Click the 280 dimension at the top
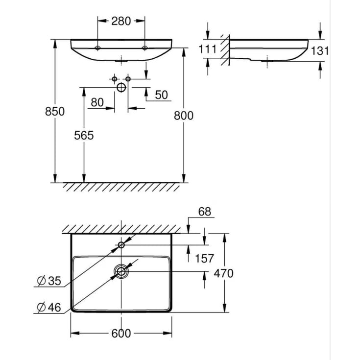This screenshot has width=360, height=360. click(x=121, y=21)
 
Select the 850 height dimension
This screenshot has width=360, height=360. click(x=55, y=112)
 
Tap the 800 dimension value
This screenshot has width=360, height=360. click(x=184, y=116)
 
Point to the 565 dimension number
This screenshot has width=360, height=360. click(x=84, y=135)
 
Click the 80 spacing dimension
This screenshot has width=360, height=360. click(x=97, y=102)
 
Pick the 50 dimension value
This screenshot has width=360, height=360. click(x=162, y=95)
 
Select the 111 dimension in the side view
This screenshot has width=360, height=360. click(x=208, y=49)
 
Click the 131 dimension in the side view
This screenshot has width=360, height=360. click(x=320, y=51)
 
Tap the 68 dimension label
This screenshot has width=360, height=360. click(x=205, y=212)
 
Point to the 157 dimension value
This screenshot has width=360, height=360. click(x=204, y=259)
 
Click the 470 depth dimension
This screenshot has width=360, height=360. click(x=223, y=273)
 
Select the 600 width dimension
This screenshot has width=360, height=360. click(x=121, y=334)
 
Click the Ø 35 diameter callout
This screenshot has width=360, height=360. click(x=49, y=281)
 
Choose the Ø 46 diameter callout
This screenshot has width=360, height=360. click(x=49, y=308)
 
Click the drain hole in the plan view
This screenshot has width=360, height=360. click(x=121, y=272)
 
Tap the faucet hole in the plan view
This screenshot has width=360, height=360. click(x=121, y=245)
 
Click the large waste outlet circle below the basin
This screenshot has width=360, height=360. click(x=121, y=88)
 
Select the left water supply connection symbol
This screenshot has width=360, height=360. click(x=114, y=79)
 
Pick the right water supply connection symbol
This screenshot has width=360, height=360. click(x=128, y=79)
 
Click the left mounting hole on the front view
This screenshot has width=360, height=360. click(x=97, y=48)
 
